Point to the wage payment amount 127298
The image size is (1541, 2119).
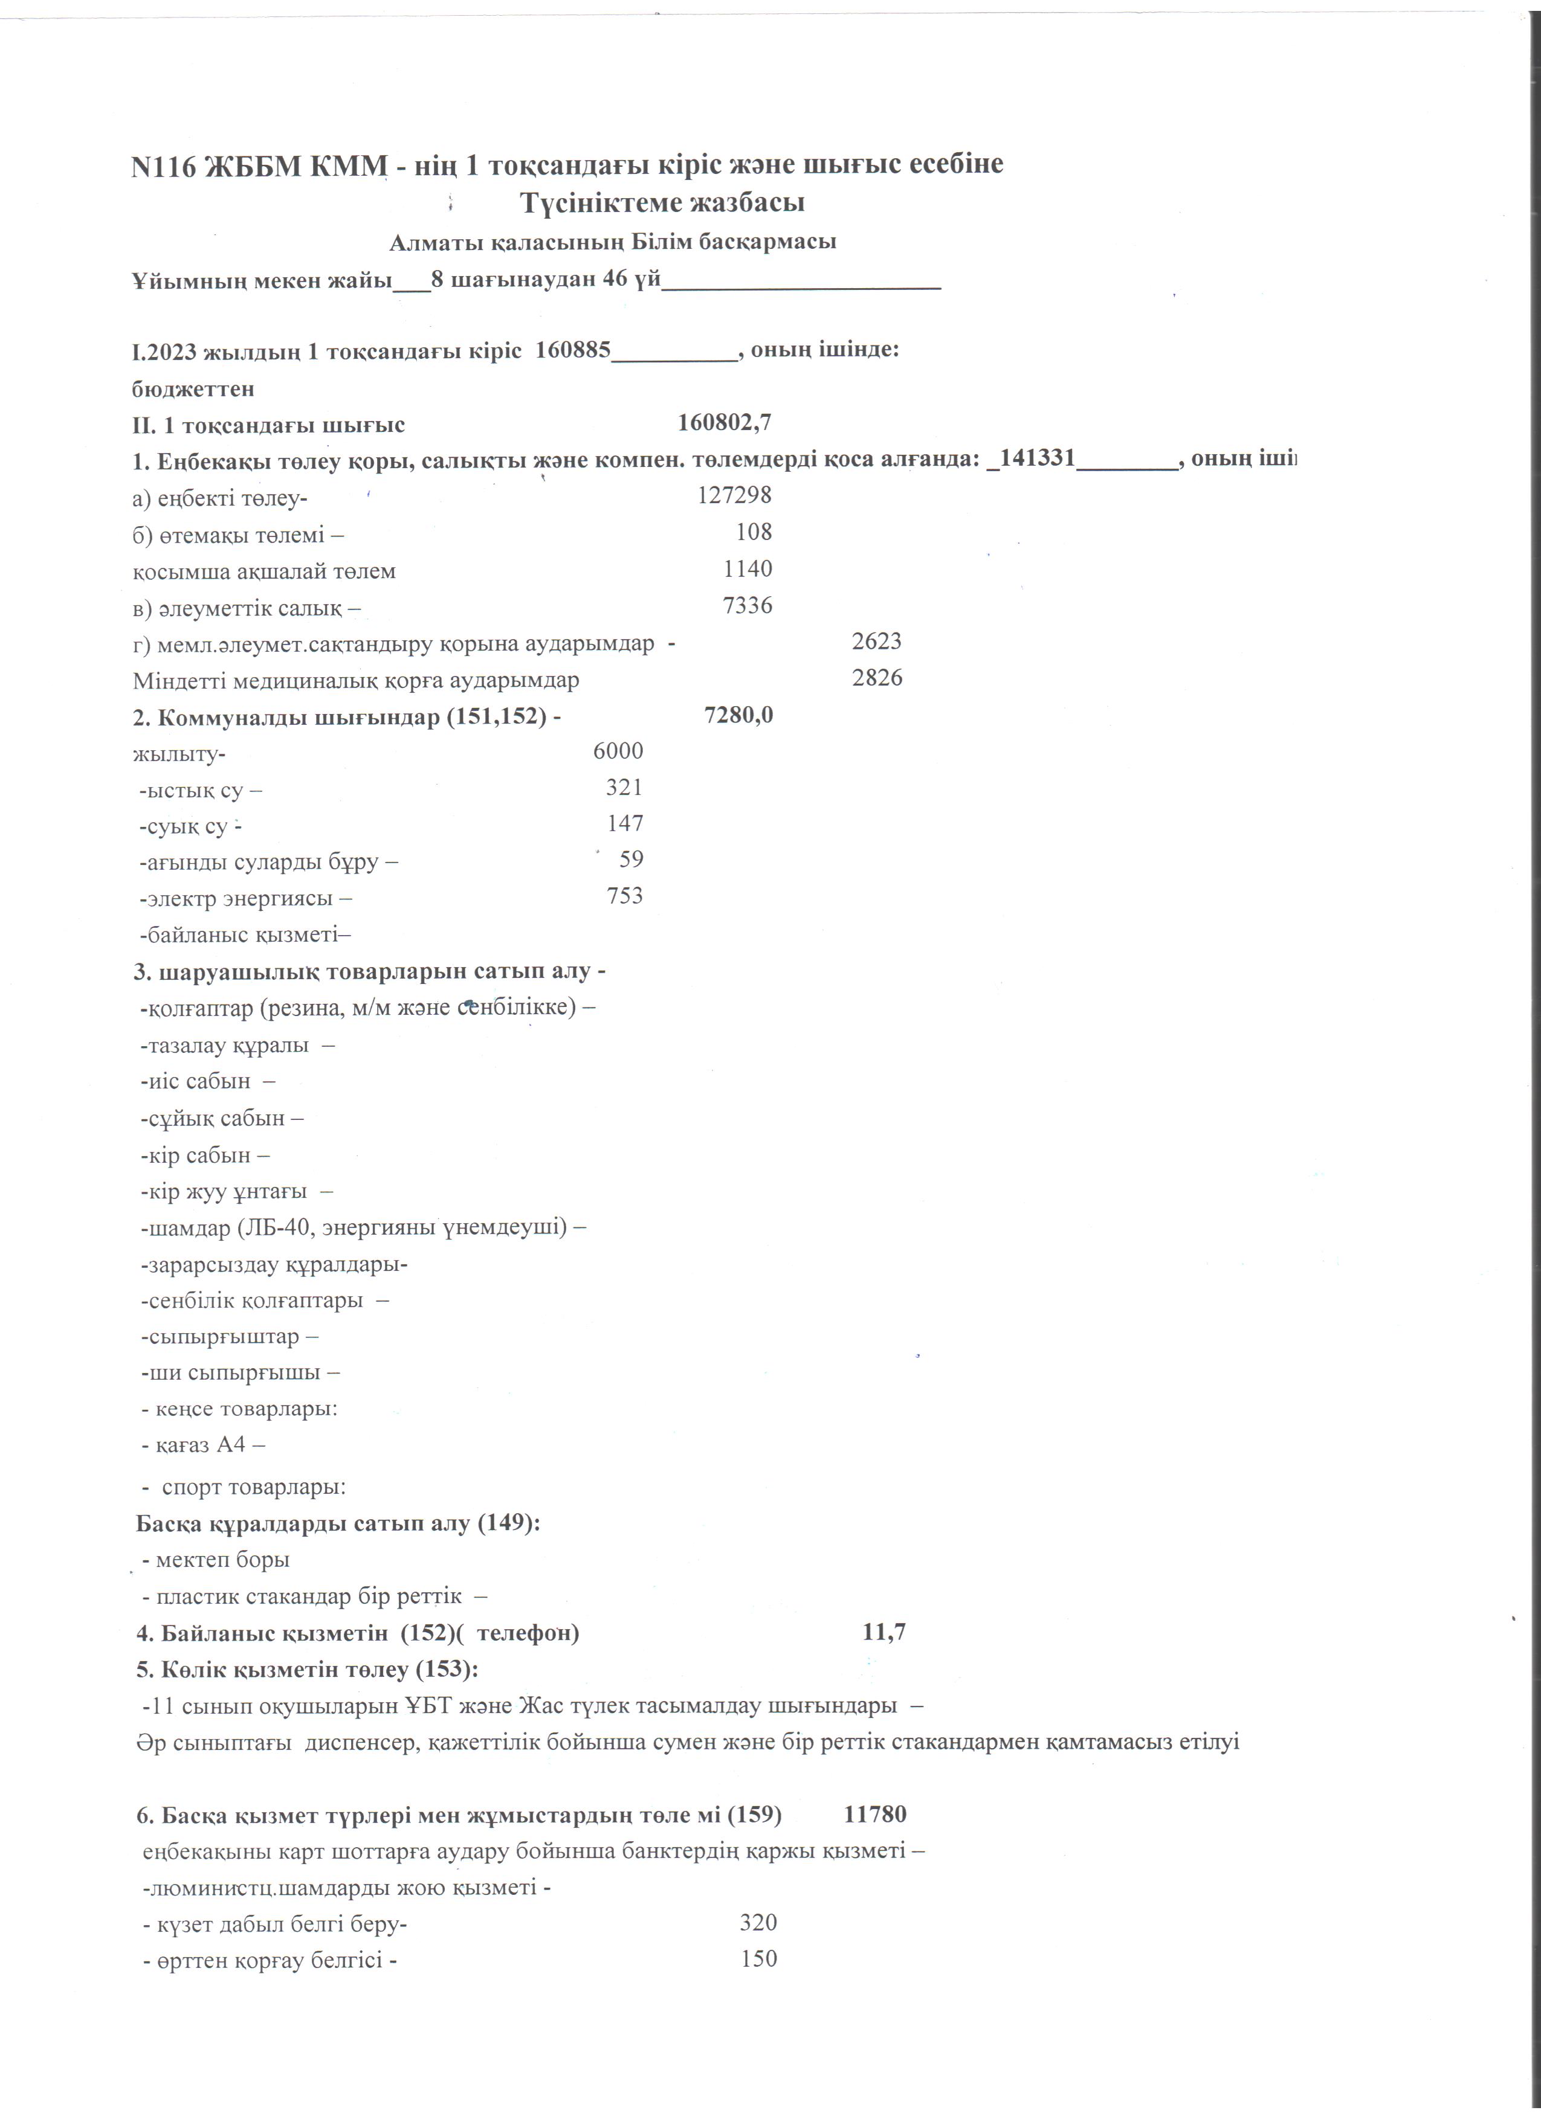pyautogui.click(x=734, y=495)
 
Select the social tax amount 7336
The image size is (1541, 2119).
pyautogui.click(x=748, y=605)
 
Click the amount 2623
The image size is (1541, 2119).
pyautogui.click(x=877, y=641)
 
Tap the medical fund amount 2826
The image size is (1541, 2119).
pyautogui.click(x=877, y=677)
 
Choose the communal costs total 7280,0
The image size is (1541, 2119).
pyautogui.click(x=738, y=715)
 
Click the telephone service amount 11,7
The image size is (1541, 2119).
pyautogui.click(x=884, y=1632)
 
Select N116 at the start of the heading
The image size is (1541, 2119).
pyautogui.click(x=164, y=166)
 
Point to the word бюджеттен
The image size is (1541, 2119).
pyautogui.click(x=193, y=388)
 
